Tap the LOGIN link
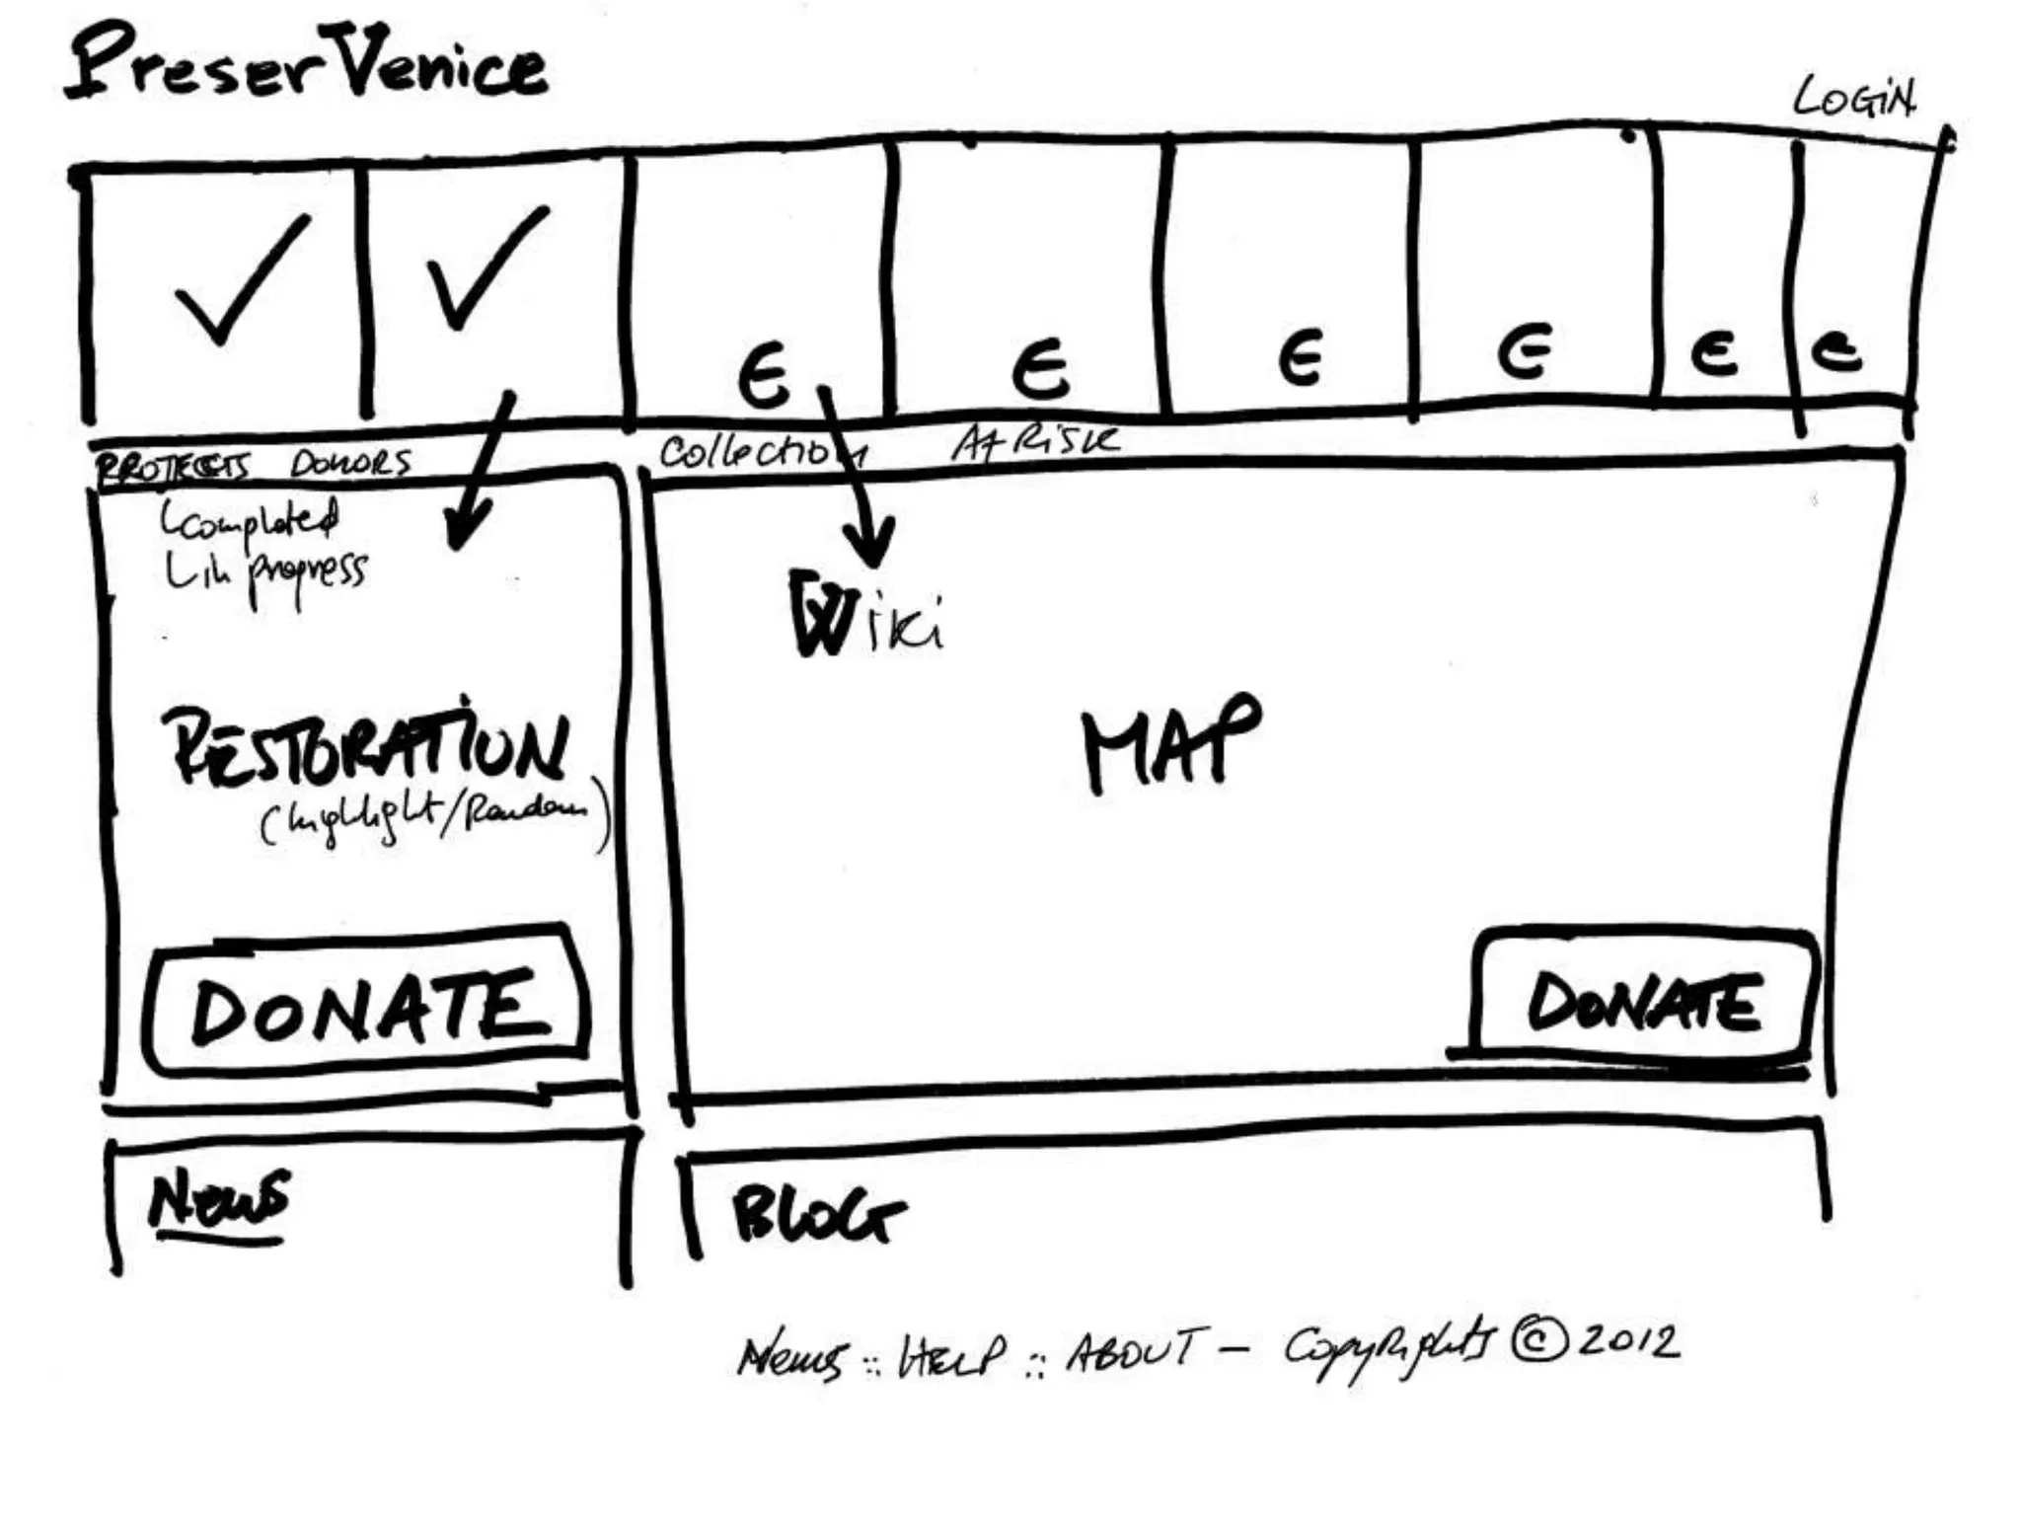1853,99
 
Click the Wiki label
864,616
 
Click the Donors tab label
350,463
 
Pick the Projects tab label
173,466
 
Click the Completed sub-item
253,519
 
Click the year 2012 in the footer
1628,1341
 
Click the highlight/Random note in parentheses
434,819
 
